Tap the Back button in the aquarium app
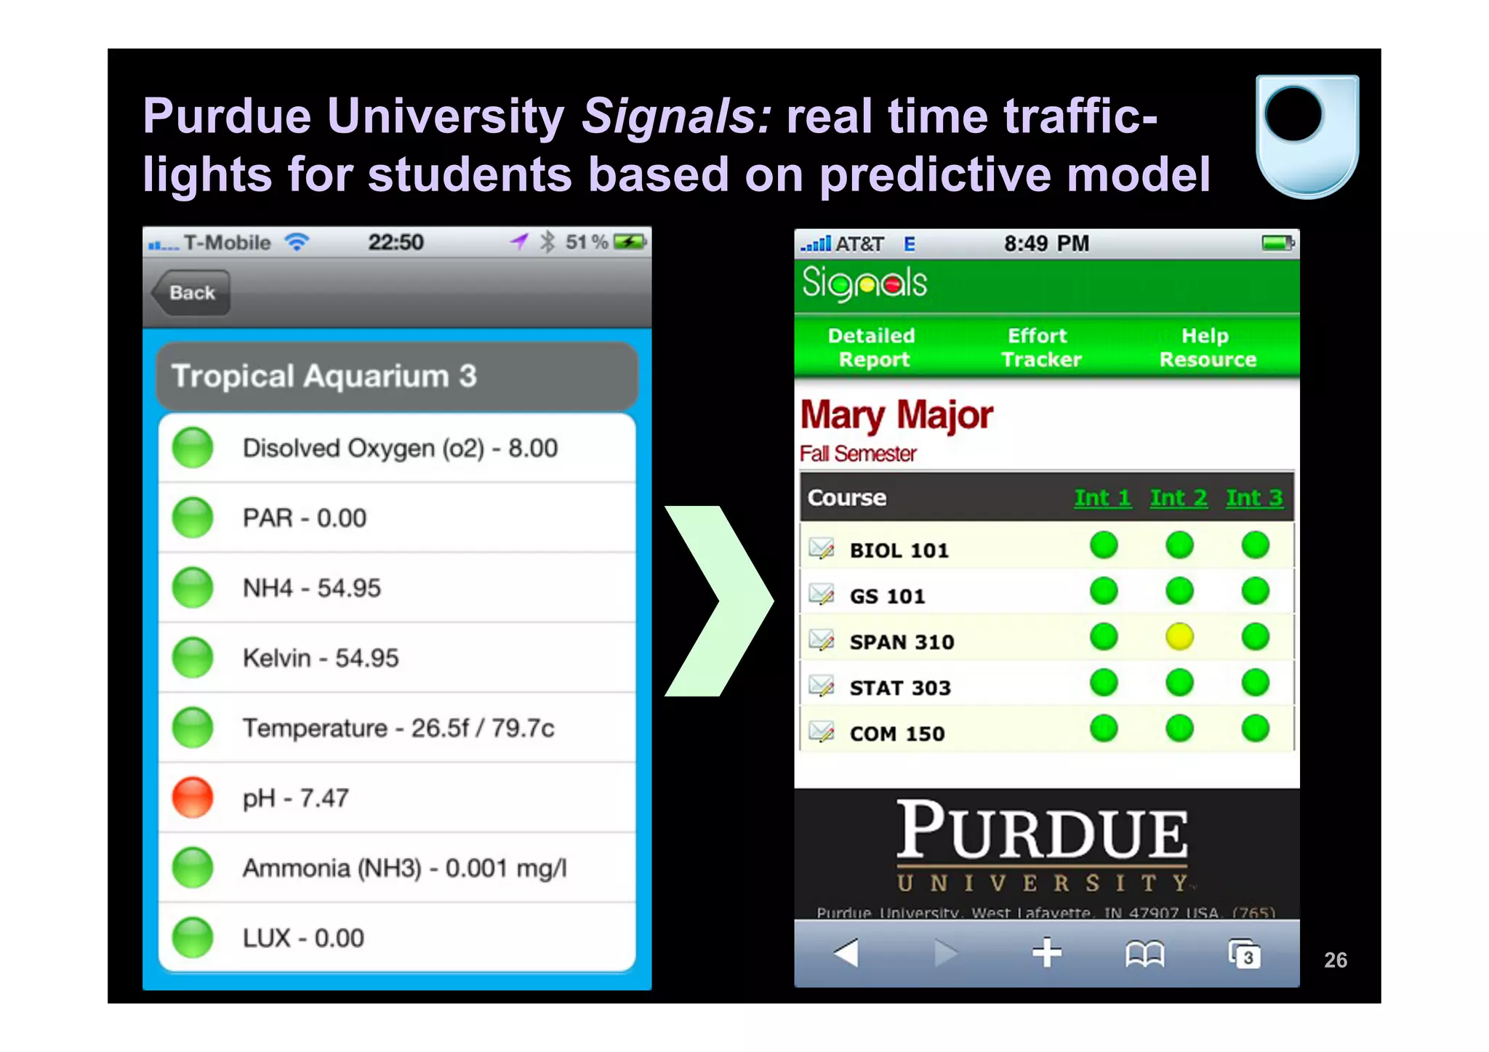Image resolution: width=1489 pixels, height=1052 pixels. click(x=191, y=292)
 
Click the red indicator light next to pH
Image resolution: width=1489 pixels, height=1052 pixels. click(x=193, y=798)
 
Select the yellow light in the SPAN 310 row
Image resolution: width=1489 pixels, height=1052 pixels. click(x=1179, y=637)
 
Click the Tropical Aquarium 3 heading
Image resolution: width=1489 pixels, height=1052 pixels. click(x=324, y=377)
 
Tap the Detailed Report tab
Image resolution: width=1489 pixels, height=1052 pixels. click(x=872, y=348)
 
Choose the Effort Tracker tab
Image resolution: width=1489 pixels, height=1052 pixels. click(x=1040, y=348)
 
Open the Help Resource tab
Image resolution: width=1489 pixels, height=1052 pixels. click(x=1207, y=348)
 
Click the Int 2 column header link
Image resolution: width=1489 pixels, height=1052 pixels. click(x=1179, y=498)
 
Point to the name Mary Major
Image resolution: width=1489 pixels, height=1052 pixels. click(x=896, y=416)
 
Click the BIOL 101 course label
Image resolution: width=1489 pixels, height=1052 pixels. click(x=899, y=550)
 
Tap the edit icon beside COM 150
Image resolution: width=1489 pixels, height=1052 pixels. click(x=822, y=731)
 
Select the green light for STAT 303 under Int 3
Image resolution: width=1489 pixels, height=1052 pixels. click(x=1255, y=683)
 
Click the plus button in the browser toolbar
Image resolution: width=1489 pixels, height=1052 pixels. click(x=1047, y=952)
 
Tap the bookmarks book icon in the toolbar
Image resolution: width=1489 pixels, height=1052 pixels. click(x=1144, y=954)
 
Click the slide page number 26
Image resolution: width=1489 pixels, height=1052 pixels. click(x=1336, y=960)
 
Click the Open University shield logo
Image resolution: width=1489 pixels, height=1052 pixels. click(x=1307, y=136)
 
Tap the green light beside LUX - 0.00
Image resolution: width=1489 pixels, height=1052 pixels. click(x=193, y=938)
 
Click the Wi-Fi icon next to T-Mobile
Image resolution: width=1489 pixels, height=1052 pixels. click(x=297, y=242)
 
